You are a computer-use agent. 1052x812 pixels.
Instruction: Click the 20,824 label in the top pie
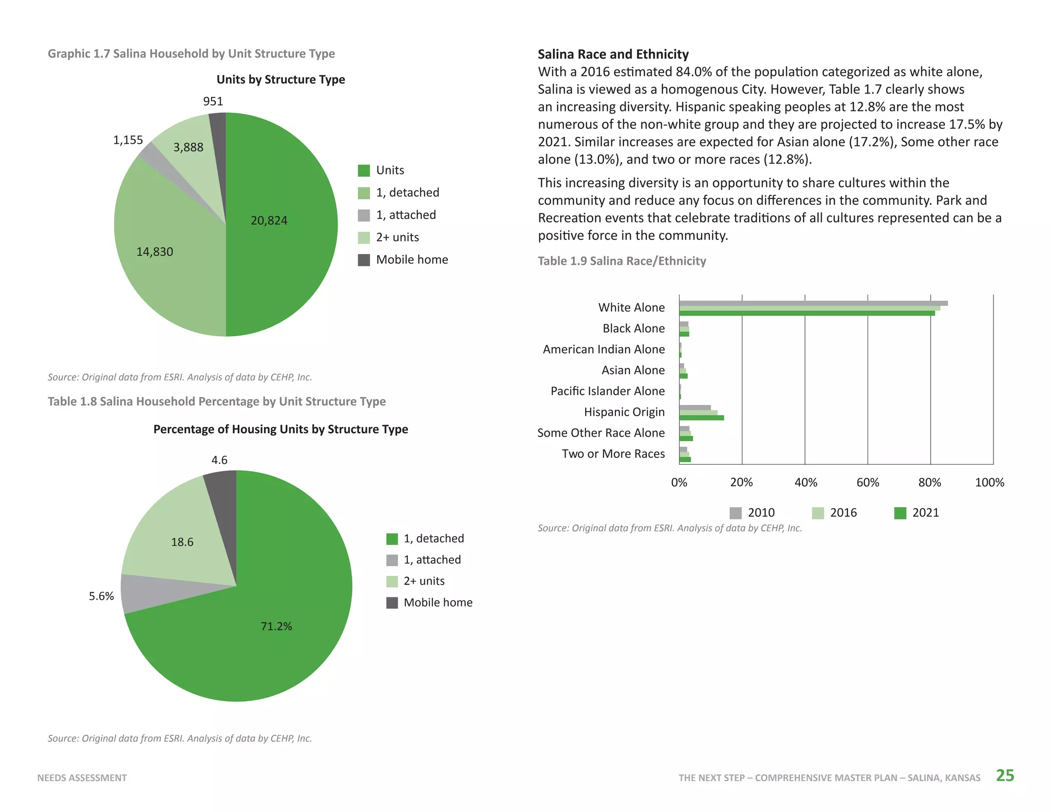click(x=269, y=221)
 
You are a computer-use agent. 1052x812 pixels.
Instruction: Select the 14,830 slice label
click(x=155, y=252)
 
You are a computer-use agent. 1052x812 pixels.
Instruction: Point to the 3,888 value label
click(x=188, y=148)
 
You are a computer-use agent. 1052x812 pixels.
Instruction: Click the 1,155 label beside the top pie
click(x=128, y=140)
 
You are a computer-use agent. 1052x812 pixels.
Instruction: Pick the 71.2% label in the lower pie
click(x=276, y=626)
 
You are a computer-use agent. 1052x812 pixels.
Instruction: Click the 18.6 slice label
click(x=182, y=542)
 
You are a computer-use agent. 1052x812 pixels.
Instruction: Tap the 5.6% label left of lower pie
click(x=101, y=596)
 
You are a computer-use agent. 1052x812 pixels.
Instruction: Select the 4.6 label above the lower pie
click(x=219, y=460)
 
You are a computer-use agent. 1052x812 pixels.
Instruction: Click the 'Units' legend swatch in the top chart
click(x=364, y=170)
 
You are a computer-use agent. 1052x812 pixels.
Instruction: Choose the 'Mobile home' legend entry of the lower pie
click(x=429, y=603)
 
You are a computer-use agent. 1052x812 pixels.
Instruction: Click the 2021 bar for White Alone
click(x=807, y=313)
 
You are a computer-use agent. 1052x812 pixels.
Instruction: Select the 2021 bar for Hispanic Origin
click(x=702, y=418)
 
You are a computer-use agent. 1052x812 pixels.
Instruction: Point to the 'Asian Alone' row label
click(x=633, y=370)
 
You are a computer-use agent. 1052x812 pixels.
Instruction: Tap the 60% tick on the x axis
click(x=868, y=482)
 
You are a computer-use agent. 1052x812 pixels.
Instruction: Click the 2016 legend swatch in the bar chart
click(x=818, y=513)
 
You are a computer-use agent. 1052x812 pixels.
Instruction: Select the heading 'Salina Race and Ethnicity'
click(x=613, y=54)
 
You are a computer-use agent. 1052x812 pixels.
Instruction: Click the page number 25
click(x=1005, y=775)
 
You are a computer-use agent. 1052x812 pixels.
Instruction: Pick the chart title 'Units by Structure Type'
click(x=280, y=80)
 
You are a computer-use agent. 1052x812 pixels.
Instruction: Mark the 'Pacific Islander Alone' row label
click(x=608, y=391)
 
